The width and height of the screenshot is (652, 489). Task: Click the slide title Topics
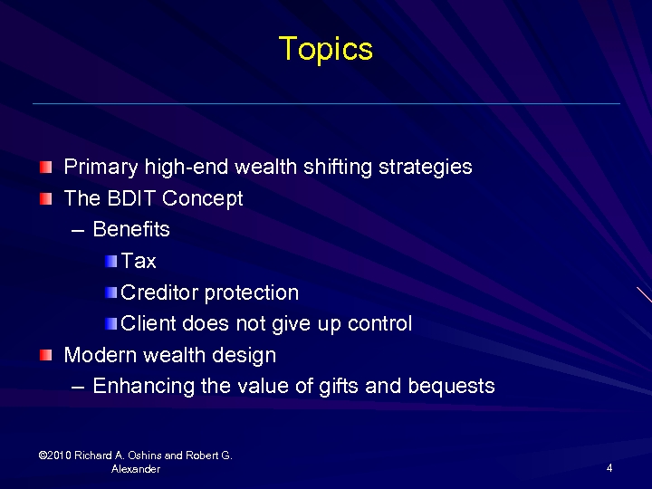pos(325,49)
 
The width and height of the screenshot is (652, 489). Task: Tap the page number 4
pos(610,468)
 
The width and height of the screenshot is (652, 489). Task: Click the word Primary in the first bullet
pos(101,168)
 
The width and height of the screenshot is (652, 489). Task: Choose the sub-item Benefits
pos(131,230)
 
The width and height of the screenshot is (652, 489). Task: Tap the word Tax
pos(139,262)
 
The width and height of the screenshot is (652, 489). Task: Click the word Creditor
pos(159,293)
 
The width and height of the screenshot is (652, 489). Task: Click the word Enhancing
pos(143,387)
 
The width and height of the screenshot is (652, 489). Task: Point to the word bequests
pos(451,387)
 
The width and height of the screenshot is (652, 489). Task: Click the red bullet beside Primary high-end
pos(46,168)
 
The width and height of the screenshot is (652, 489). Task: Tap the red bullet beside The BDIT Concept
pos(46,198)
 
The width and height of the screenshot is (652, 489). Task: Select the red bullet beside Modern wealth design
pos(46,355)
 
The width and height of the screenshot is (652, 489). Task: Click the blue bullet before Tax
pos(110,262)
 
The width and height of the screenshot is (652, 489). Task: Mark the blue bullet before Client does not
pos(110,324)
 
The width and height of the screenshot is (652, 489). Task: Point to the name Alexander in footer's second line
pos(136,469)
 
